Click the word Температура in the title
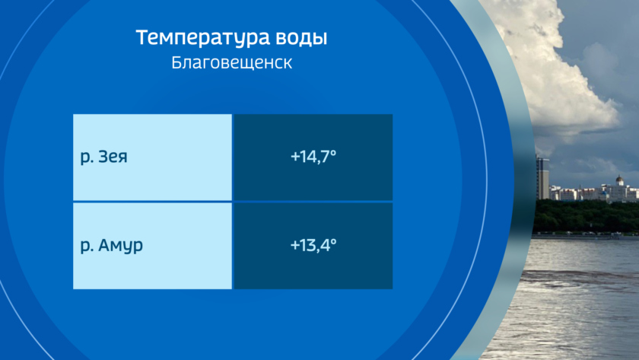click(203, 37)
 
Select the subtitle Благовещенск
click(231, 63)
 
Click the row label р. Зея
click(104, 157)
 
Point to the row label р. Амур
click(112, 245)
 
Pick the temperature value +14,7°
click(313, 157)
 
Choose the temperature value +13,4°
click(313, 245)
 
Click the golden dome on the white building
click(619, 179)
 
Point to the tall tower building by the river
click(542, 178)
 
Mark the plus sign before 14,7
click(294, 157)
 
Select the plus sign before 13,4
click(294, 245)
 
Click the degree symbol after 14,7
click(333, 152)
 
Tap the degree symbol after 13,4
click(333, 241)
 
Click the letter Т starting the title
click(144, 37)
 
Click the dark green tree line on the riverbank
click(586, 216)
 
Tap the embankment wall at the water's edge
click(585, 237)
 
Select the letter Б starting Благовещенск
click(176, 62)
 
